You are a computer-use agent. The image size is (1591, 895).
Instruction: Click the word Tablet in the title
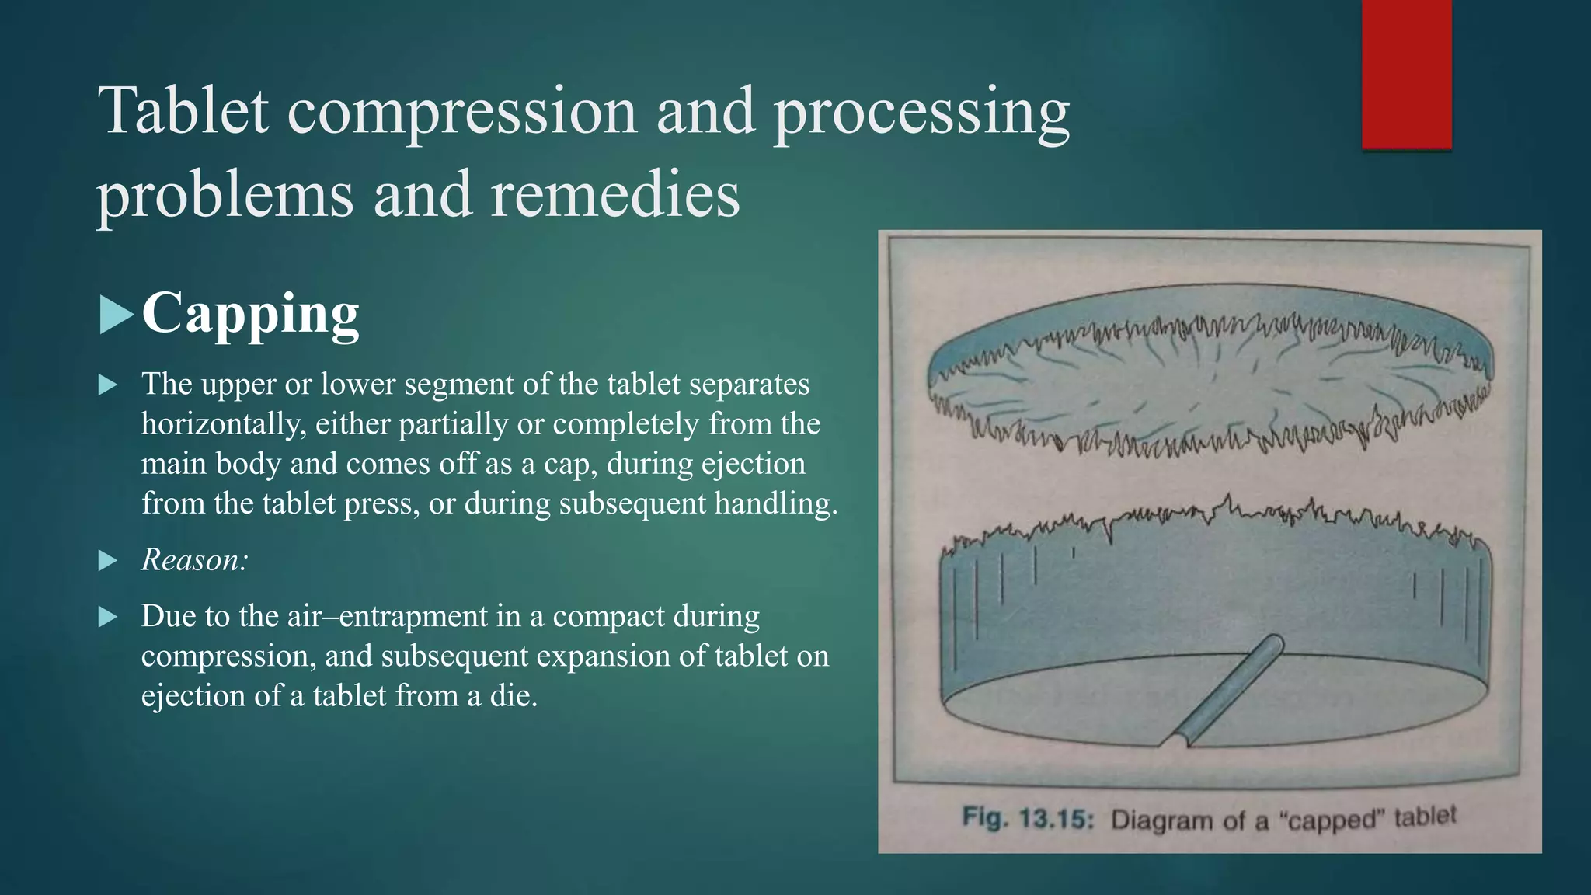pos(183,111)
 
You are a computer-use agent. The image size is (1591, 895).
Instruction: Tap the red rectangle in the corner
pos(1406,74)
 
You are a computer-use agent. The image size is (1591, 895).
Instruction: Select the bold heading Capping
pos(250,314)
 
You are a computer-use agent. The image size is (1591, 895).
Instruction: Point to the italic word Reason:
pos(194,559)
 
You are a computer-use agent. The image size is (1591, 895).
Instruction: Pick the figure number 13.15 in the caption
pos(1057,818)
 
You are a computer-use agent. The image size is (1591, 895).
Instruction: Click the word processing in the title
pos(921,111)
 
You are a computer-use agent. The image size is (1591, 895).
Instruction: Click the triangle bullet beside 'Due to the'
pos(108,618)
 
